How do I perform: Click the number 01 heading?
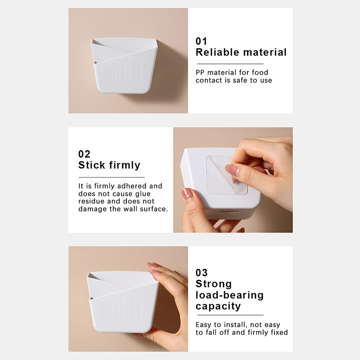tap(201, 41)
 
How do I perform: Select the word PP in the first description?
tap(200, 72)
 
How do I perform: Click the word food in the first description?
tap(260, 72)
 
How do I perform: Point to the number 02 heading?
tap(84, 154)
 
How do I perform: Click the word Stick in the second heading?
tap(92, 165)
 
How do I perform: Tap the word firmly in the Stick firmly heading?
tap(125, 165)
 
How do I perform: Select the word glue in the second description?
tap(143, 194)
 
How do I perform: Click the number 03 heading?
tap(202, 273)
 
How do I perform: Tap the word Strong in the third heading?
tap(213, 284)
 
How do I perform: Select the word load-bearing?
tap(229, 295)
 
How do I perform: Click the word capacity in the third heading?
tap(218, 306)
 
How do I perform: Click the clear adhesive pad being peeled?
tap(226, 175)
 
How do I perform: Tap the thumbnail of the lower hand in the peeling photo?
tap(187, 193)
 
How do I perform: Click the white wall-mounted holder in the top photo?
tap(125, 66)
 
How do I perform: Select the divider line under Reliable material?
tap(230, 64)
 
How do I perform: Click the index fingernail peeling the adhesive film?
tap(232, 171)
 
